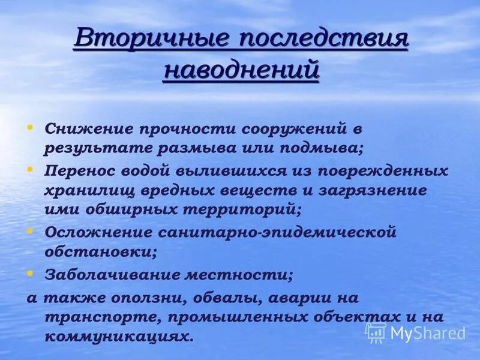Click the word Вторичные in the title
(x=149, y=40)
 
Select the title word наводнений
(x=241, y=70)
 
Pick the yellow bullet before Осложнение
(x=30, y=229)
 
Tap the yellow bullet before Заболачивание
(x=30, y=273)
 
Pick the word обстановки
(x=100, y=252)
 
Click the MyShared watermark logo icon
(x=376, y=332)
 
